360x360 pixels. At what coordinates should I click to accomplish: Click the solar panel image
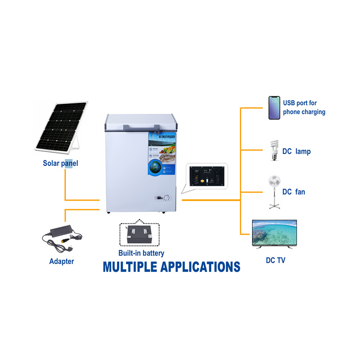pyautogui.click(x=61, y=127)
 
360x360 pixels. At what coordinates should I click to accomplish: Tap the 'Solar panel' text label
pyautogui.click(x=60, y=163)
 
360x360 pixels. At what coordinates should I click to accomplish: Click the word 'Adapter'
pyautogui.click(x=62, y=261)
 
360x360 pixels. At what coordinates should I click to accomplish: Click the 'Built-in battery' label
pyautogui.click(x=141, y=253)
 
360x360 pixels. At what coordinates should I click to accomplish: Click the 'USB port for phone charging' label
pyautogui.click(x=304, y=108)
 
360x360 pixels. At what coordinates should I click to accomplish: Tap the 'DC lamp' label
pyautogui.click(x=297, y=152)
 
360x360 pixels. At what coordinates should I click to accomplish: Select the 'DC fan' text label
pyautogui.click(x=294, y=192)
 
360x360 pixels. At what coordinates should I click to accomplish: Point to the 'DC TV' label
pyautogui.click(x=274, y=260)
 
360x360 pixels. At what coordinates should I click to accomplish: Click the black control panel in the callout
pyautogui.click(x=207, y=176)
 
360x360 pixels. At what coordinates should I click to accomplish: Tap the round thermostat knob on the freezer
pyautogui.click(x=167, y=198)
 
